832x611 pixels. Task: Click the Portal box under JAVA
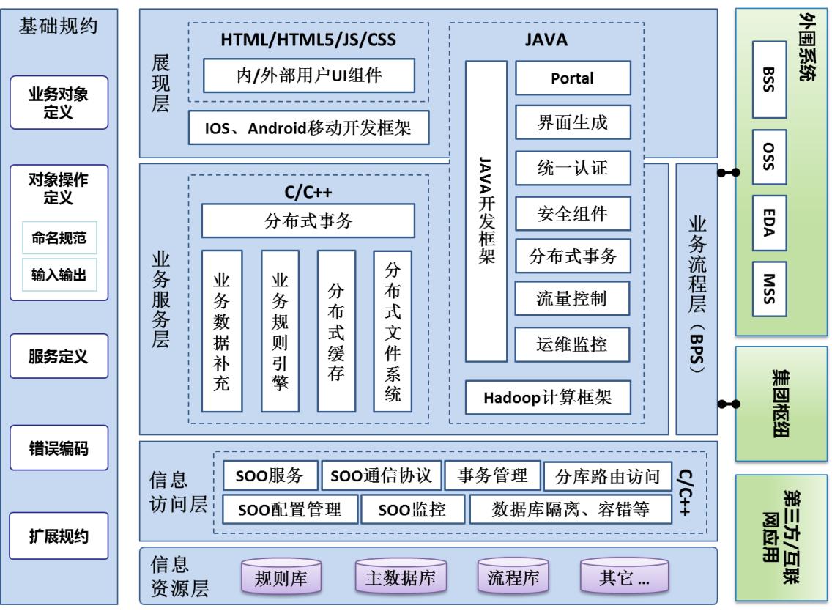(573, 78)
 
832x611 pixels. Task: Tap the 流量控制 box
(573, 298)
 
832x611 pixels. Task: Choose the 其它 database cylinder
(624, 578)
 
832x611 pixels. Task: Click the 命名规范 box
(59, 237)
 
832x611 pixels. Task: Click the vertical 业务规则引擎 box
(280, 331)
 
